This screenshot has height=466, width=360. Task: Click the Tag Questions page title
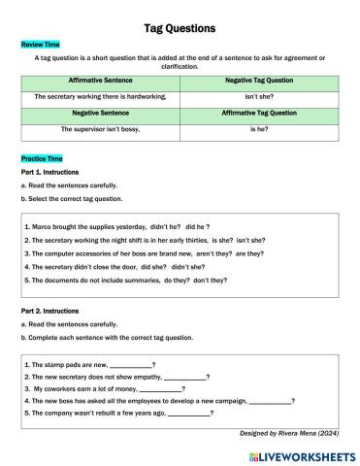180,28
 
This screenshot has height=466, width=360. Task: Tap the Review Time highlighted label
40,45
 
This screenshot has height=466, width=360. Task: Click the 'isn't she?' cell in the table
259,97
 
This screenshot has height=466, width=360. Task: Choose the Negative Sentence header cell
100,113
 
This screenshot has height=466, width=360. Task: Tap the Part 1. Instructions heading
51,172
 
